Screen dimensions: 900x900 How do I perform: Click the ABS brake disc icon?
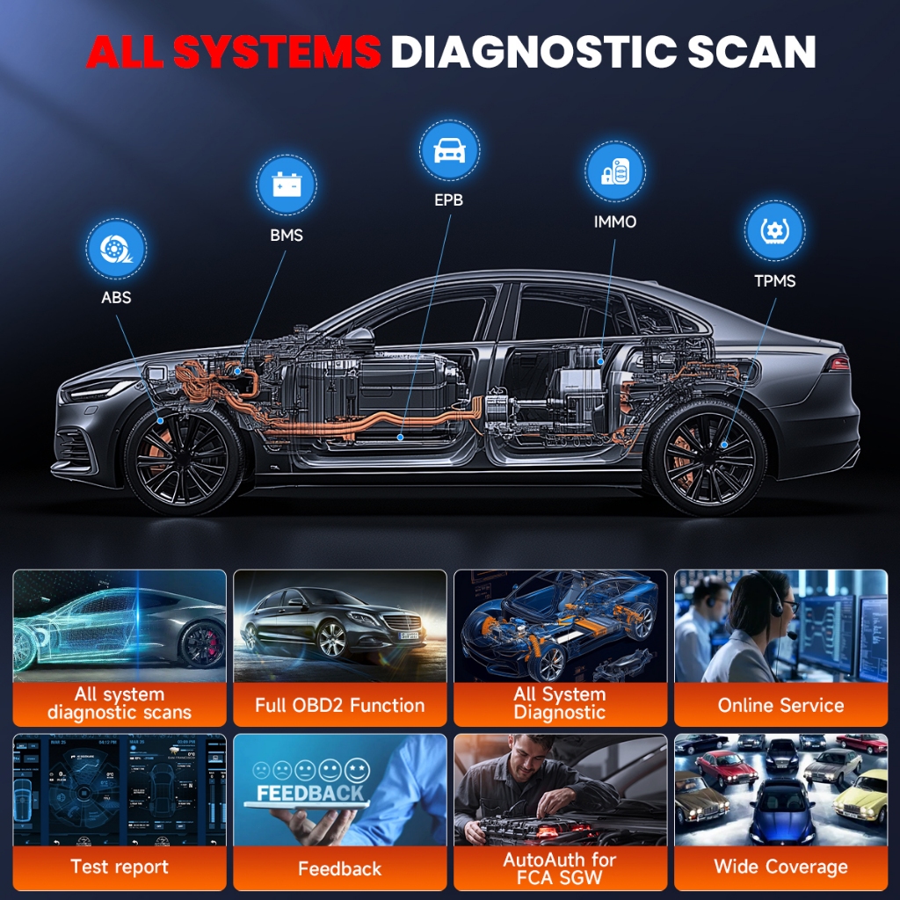pyautogui.click(x=116, y=249)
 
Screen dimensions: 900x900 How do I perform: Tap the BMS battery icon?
pyautogui.click(x=287, y=185)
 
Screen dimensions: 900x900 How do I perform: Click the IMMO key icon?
pyautogui.click(x=614, y=171)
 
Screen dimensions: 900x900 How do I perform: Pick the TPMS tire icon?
pyautogui.click(x=774, y=231)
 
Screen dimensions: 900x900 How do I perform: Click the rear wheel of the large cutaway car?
pyautogui.click(x=708, y=456)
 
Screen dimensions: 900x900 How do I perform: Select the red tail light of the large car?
pyautogui.click(x=838, y=363)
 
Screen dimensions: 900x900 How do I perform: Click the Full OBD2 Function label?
pyautogui.click(x=339, y=705)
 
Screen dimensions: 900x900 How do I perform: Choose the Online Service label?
pyautogui.click(x=780, y=705)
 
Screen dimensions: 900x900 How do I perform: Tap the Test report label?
pyautogui.click(x=120, y=867)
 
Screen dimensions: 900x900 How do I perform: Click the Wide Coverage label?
pyautogui.click(x=780, y=867)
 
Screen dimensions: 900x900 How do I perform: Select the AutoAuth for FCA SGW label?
pyautogui.click(x=560, y=867)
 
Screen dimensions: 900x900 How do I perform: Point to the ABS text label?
pyautogui.click(x=116, y=297)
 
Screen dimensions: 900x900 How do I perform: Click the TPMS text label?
pyautogui.click(x=774, y=281)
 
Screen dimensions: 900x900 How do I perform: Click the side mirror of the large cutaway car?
pyautogui.click(x=359, y=337)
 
